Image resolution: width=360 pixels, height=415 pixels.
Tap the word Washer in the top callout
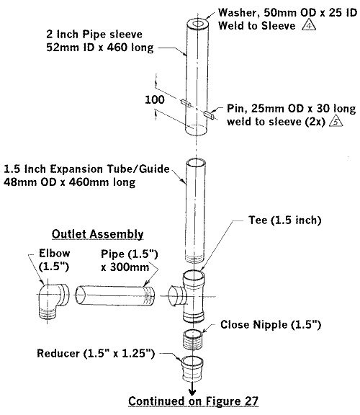tap(234, 12)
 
